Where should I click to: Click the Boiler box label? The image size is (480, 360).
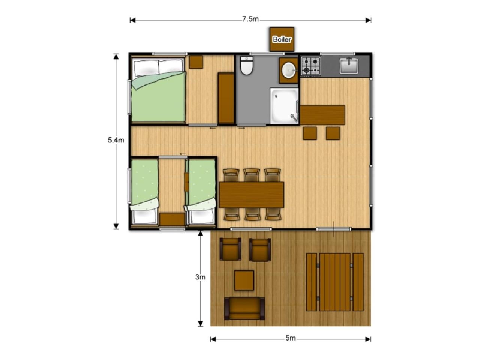tap(282, 40)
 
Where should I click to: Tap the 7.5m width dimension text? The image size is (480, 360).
tap(250, 19)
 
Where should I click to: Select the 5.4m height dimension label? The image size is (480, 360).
tap(115, 140)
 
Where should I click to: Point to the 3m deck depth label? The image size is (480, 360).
tap(200, 277)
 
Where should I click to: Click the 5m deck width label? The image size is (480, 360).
tap(290, 338)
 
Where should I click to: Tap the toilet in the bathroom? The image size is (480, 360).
tap(247, 65)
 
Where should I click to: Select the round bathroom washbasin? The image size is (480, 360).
tap(288, 70)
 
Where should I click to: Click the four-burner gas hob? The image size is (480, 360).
tap(310, 66)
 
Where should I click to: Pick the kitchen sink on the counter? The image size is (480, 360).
tap(349, 66)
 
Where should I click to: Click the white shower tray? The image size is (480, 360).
tap(284, 106)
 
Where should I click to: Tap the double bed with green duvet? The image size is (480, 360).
tap(158, 90)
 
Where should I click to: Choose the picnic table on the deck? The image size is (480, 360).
tap(335, 282)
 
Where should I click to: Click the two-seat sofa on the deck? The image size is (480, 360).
tap(244, 308)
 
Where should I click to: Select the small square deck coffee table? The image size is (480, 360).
tap(244, 280)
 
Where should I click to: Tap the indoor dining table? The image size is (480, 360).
tap(252, 195)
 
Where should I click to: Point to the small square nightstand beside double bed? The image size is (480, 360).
tap(196, 62)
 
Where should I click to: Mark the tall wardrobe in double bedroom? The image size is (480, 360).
tap(226, 98)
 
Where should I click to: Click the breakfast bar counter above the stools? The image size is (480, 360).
tap(322, 115)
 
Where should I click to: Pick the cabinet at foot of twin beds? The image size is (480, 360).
tap(172, 219)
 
